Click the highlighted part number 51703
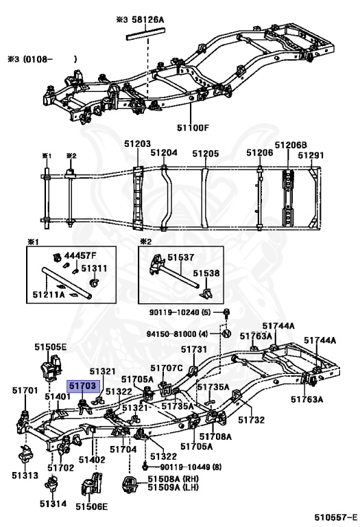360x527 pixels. tap(82, 386)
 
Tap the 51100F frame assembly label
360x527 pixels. tap(193, 128)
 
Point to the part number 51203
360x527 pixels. tap(138, 144)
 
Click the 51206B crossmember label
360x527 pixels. tap(291, 145)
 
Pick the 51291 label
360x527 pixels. tap(311, 155)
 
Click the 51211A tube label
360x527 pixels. tap(49, 294)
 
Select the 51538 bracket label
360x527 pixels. tap(206, 273)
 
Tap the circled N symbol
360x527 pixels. tap(227, 334)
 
